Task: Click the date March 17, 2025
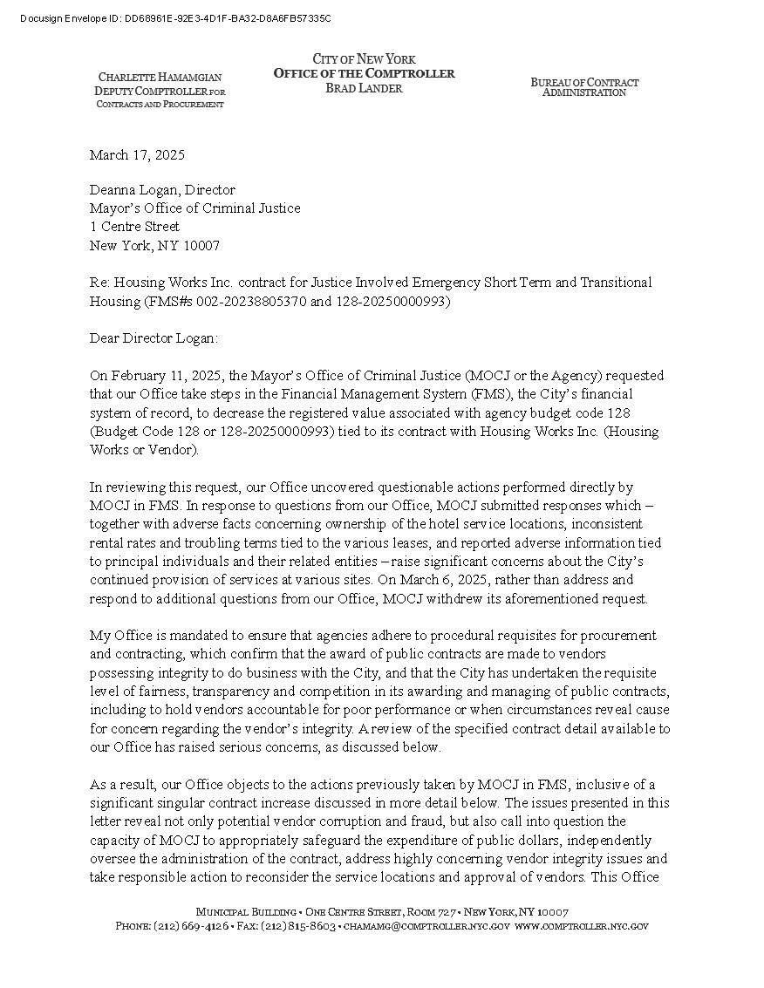(x=137, y=155)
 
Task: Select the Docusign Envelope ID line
(x=174, y=18)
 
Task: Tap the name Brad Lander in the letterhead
(x=364, y=88)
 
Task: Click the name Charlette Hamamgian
(x=160, y=78)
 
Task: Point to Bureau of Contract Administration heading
(x=584, y=87)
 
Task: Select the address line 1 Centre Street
(x=134, y=227)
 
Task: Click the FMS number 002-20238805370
(x=245, y=302)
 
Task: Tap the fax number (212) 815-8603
(x=298, y=926)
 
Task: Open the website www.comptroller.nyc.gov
(x=582, y=926)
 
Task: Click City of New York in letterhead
(x=364, y=59)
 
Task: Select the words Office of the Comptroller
(x=364, y=73)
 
